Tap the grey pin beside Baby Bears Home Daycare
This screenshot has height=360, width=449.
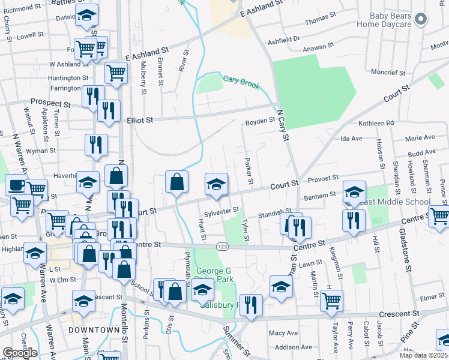pyautogui.click(x=421, y=19)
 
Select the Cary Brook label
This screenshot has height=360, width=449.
pyautogui.click(x=241, y=82)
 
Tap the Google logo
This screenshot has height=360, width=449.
pyautogui.click(x=20, y=353)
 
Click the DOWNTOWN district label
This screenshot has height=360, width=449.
pyautogui.click(x=90, y=330)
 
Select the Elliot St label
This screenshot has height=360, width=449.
pyautogui.click(x=140, y=120)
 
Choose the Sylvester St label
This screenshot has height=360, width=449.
pyautogui.click(x=222, y=210)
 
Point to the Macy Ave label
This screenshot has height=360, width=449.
pyautogui.click(x=283, y=333)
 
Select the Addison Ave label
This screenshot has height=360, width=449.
pyautogui.click(x=294, y=347)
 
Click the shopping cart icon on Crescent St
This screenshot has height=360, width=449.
pyautogui.click(x=331, y=300)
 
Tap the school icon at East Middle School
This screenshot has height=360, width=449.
pyautogui.click(x=354, y=192)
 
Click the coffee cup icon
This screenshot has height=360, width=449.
pyautogui.click(x=16, y=184)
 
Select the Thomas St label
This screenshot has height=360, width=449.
pyautogui.click(x=317, y=21)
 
